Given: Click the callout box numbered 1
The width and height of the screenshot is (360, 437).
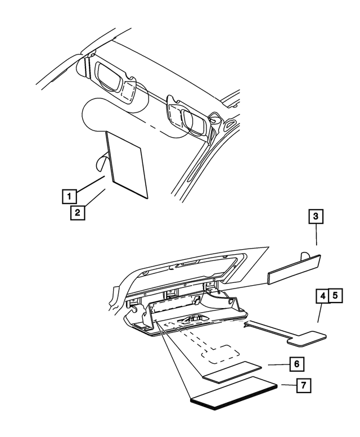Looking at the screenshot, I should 69,197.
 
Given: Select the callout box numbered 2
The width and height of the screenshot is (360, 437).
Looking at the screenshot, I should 78,213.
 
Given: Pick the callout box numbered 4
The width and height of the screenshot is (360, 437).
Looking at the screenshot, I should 322,295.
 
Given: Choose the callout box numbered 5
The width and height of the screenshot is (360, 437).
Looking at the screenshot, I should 335,295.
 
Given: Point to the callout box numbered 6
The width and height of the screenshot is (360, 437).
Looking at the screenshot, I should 296,364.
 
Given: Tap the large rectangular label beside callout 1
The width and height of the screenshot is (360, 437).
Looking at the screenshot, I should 128,164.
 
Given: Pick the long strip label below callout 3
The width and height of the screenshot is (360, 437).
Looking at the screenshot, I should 294,269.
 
